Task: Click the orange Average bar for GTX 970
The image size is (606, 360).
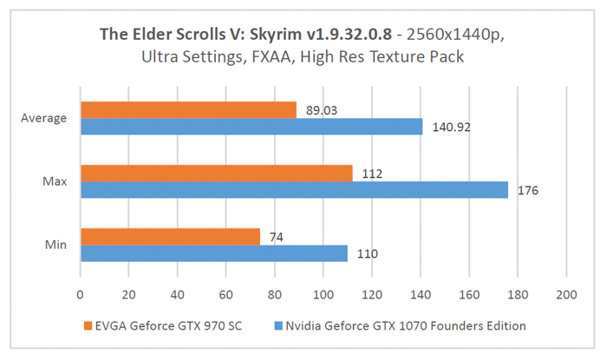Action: pyautogui.click(x=188, y=109)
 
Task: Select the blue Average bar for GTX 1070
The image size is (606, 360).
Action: pyautogui.click(x=251, y=127)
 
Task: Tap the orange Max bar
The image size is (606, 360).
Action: pyautogui.click(x=216, y=173)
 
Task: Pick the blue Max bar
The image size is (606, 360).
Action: pyautogui.click(x=294, y=190)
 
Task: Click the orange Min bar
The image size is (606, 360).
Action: pyautogui.click(x=170, y=236)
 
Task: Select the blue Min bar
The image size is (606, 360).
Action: pyautogui.click(x=213, y=253)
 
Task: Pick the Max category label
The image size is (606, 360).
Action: pyautogui.click(x=55, y=181)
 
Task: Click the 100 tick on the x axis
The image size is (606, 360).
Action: pyautogui.click(x=323, y=294)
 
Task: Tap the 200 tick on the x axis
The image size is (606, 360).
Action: pyautogui.click(x=565, y=294)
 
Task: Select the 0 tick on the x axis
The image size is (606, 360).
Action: pyautogui.click(x=80, y=294)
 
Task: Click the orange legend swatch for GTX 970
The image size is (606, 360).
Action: pyautogui.click(x=87, y=325)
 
